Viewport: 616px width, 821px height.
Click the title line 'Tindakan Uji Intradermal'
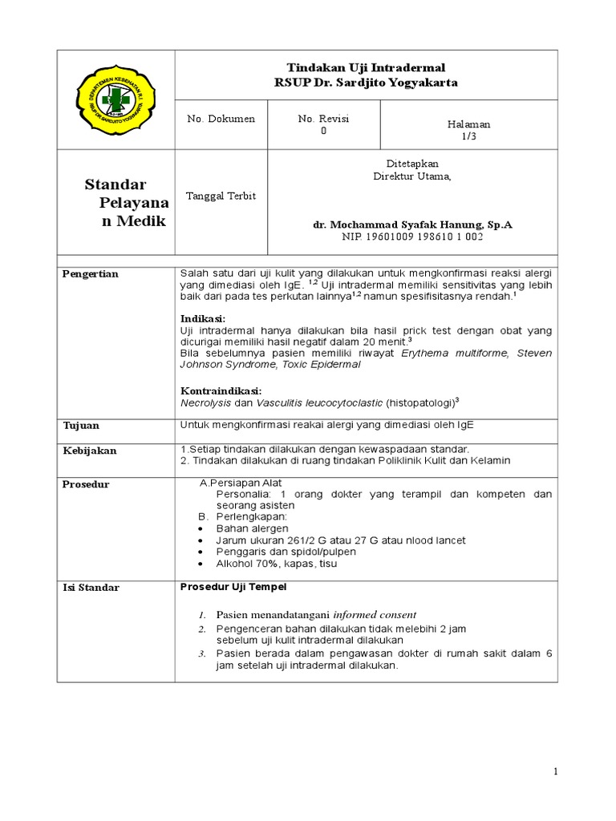(367, 68)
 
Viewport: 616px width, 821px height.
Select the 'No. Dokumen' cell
(221, 119)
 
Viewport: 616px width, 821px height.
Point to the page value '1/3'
(468, 137)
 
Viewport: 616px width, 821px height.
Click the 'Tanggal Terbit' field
(221, 196)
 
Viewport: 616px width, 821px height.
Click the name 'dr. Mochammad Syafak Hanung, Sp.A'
(412, 225)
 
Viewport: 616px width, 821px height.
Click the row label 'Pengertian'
(91, 274)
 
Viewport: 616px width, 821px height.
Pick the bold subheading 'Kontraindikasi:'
(221, 390)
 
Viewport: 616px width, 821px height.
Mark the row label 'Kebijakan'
(90, 451)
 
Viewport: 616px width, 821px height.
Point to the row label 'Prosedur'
(86, 484)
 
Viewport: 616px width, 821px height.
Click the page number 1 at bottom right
(554, 771)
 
